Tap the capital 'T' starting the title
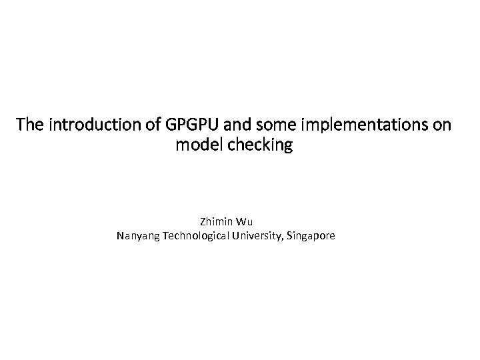21,124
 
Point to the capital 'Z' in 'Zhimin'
202,221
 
